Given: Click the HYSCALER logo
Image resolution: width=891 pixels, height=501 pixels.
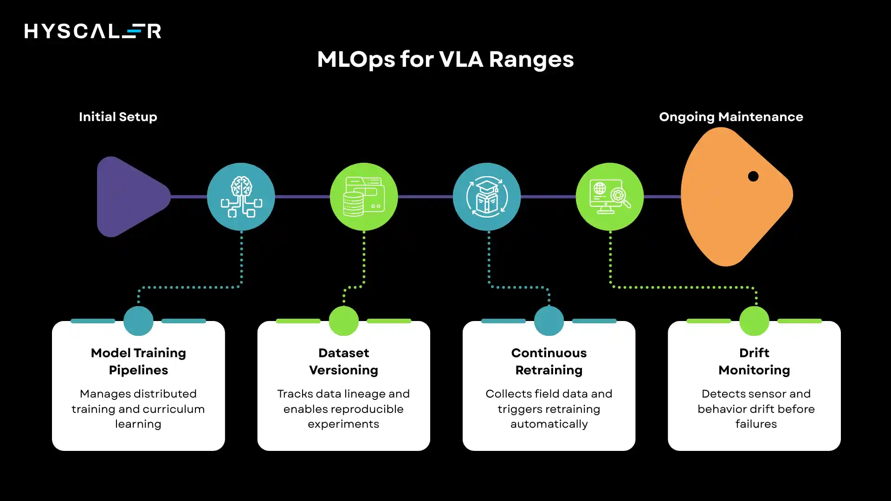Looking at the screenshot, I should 93,31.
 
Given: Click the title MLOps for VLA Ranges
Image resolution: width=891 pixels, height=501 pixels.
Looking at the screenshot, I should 445,59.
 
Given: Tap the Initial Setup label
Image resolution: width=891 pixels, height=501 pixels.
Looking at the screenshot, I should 118,116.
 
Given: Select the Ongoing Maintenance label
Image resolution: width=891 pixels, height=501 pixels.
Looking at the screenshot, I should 731,116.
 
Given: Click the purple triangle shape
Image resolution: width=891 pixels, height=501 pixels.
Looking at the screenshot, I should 130,197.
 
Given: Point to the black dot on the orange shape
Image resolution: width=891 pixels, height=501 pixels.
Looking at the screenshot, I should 753,176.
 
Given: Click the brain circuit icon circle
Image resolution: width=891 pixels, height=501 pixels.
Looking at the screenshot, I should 241,197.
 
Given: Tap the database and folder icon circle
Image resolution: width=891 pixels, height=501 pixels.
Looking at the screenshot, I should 364,197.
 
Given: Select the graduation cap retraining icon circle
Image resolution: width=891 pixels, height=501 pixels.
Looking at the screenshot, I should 487,197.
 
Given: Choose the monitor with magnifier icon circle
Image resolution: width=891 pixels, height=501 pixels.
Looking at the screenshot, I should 610,197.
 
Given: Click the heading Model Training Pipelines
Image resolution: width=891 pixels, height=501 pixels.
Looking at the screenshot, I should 138,361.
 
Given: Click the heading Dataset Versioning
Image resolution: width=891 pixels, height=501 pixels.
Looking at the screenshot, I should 343,361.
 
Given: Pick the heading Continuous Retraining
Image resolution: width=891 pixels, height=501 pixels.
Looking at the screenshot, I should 549,361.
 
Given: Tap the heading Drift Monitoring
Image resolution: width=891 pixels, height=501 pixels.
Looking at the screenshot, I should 754,361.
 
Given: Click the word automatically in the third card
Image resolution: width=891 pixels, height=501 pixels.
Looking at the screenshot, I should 549,424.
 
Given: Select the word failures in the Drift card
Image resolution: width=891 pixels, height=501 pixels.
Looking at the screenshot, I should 756,424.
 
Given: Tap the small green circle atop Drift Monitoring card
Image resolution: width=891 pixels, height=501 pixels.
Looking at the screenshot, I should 754,321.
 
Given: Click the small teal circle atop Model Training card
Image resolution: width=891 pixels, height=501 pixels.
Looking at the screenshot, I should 138,321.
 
